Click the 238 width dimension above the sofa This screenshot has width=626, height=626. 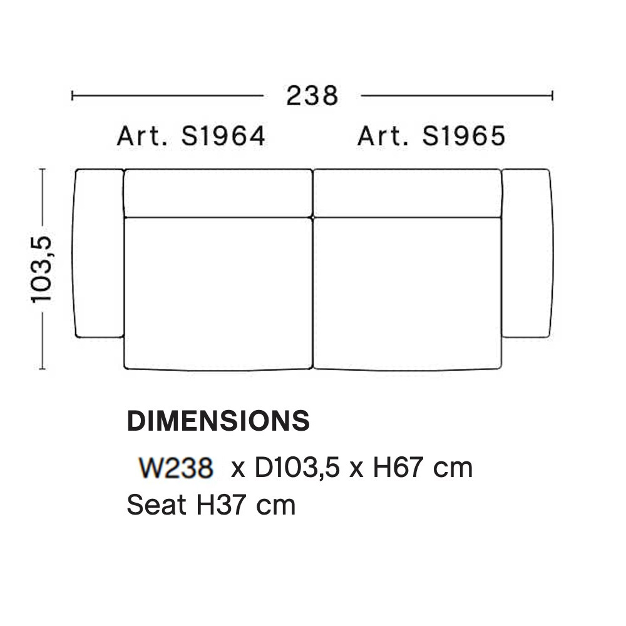click(x=312, y=96)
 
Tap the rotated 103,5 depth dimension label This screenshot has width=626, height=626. click(x=41, y=269)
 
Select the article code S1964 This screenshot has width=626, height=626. click(x=223, y=136)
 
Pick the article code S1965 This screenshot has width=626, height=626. click(x=464, y=136)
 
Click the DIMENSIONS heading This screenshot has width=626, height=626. click(x=218, y=421)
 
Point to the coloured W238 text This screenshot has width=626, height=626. click(x=176, y=468)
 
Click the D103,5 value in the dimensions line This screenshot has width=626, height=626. click(x=297, y=468)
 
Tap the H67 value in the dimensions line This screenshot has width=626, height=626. click(x=398, y=468)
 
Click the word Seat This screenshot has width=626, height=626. click(x=156, y=505)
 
